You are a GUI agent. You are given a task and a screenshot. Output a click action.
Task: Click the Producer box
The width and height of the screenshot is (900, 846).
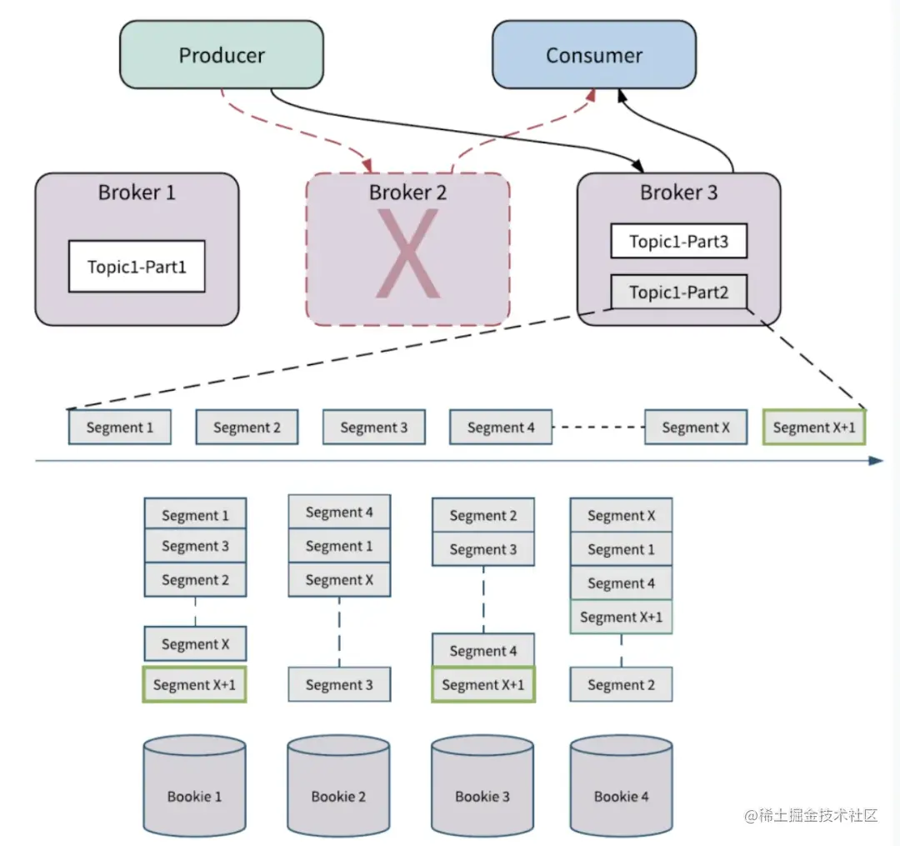tap(221, 55)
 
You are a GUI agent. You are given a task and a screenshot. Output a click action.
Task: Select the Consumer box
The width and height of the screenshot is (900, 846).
tap(593, 55)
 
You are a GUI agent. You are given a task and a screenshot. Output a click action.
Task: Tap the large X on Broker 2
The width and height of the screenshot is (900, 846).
tap(407, 254)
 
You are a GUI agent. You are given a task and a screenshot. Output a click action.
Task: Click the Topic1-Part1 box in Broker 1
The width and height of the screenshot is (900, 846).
tap(137, 267)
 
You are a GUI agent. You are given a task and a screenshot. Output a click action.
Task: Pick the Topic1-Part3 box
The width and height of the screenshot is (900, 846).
tap(678, 241)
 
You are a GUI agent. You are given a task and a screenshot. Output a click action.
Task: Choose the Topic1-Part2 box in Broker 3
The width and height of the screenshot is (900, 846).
tap(678, 292)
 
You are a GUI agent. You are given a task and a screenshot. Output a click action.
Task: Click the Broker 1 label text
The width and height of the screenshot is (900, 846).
tap(137, 193)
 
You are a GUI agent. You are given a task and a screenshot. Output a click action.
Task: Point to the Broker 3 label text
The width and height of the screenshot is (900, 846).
tap(678, 193)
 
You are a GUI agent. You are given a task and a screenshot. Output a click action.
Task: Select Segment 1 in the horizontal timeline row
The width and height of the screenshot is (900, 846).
tap(120, 427)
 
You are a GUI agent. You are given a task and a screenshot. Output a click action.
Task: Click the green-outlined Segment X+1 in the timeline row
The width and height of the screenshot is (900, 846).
tap(814, 427)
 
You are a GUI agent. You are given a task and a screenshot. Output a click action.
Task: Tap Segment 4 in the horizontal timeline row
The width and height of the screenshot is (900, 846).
tap(501, 427)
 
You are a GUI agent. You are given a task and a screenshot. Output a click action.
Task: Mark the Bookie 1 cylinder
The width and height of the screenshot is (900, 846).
tap(195, 785)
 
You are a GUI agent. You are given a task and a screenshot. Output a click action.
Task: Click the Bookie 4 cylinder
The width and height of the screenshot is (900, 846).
tap(621, 785)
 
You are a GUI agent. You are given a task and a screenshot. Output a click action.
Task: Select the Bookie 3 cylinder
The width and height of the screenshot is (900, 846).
tap(482, 785)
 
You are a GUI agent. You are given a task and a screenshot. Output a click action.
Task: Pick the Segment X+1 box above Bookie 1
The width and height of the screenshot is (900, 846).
tap(195, 684)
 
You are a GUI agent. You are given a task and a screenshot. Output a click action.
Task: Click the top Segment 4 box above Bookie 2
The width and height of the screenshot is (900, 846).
tap(339, 512)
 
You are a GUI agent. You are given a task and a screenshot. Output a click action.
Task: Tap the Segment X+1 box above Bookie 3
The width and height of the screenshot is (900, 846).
tap(482, 684)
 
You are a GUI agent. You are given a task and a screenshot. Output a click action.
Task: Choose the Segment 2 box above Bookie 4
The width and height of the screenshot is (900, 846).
tap(621, 684)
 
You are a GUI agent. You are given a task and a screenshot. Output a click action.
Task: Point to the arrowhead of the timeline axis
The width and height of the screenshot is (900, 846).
tap(876, 460)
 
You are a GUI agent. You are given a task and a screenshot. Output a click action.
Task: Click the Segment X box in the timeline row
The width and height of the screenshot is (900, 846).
tap(696, 427)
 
